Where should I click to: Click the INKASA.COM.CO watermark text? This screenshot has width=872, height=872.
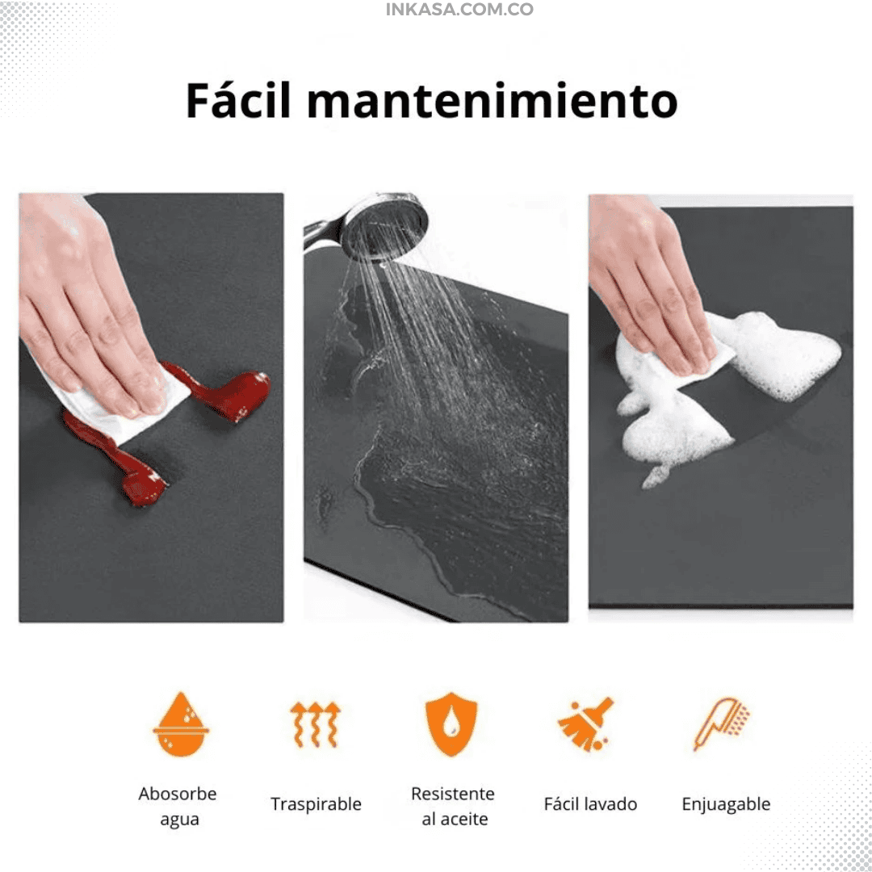click(459, 10)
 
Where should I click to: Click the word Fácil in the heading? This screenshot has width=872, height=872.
click(238, 100)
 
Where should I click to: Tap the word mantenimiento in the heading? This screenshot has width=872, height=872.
click(493, 101)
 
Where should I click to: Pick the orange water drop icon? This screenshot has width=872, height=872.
click(181, 724)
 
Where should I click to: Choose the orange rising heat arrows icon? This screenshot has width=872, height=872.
click(316, 724)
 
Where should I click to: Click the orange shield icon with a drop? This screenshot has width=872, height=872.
click(451, 724)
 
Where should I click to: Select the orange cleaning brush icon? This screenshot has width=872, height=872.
click(585, 724)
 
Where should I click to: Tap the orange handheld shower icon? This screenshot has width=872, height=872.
click(721, 724)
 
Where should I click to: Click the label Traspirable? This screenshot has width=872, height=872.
click(316, 804)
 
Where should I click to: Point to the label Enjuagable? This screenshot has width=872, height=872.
click(726, 804)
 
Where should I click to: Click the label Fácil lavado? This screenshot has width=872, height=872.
click(590, 804)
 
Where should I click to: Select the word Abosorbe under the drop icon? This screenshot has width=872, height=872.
click(178, 794)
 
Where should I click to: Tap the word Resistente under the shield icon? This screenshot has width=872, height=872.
click(453, 794)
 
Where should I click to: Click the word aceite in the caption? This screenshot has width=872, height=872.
click(463, 820)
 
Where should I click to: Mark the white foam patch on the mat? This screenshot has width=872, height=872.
click(728, 389)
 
